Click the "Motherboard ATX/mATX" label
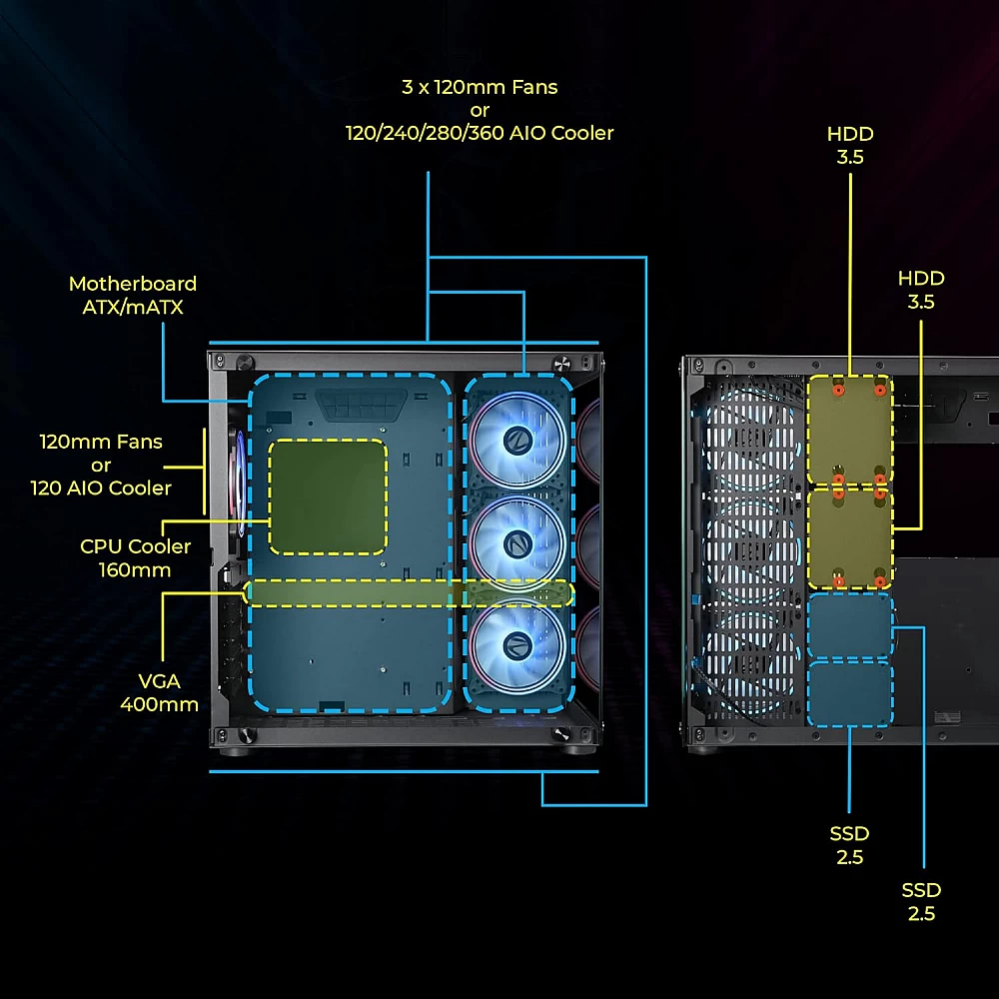[133, 296]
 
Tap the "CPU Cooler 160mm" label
[135, 558]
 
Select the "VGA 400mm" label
[159, 692]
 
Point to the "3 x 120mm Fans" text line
[480, 87]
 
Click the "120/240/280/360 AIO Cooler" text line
[480, 133]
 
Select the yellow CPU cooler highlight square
[328, 497]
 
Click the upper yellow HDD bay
[849, 430]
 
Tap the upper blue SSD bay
[849, 626]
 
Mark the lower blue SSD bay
[849, 693]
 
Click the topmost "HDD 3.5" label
[850, 145]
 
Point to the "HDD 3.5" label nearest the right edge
[921, 290]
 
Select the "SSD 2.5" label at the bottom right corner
[921, 901]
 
